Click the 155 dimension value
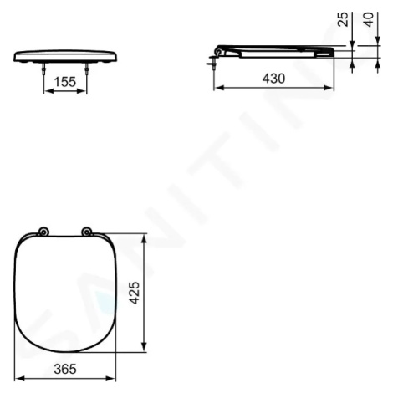pyautogui.click(x=64, y=82)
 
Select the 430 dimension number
pyautogui.click(x=273, y=79)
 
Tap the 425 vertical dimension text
pyautogui.click(x=135, y=293)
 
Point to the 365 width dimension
pyautogui.click(x=65, y=369)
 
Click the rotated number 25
pyautogui.click(x=343, y=19)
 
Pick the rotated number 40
pyautogui.click(x=369, y=19)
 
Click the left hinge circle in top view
pyautogui.click(x=43, y=232)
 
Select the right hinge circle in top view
pyautogui.click(x=86, y=232)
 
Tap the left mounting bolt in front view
pyautogui.click(x=43, y=69)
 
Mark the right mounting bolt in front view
pyautogui.click(x=86, y=69)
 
